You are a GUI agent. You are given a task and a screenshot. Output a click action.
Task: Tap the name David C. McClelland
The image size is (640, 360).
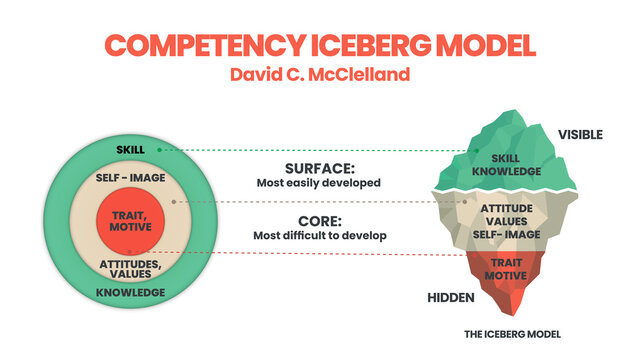click(x=319, y=75)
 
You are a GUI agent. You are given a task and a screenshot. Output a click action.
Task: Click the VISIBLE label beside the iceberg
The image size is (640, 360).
click(x=580, y=134)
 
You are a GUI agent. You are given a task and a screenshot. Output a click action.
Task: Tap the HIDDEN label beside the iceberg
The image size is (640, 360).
click(x=450, y=298)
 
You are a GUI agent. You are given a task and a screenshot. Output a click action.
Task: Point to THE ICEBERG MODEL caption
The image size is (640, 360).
click(x=510, y=333)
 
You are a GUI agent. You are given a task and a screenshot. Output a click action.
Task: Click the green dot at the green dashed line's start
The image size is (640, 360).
click(x=160, y=150)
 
